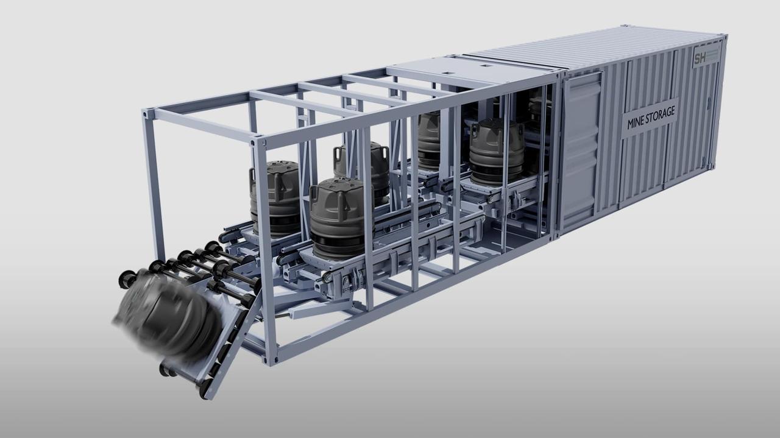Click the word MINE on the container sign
pyautogui.click(x=635, y=122)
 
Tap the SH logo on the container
pyautogui.click(x=700, y=58)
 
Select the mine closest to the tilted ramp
pyautogui.click(x=275, y=198)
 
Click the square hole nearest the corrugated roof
pyautogui.click(x=487, y=65)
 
